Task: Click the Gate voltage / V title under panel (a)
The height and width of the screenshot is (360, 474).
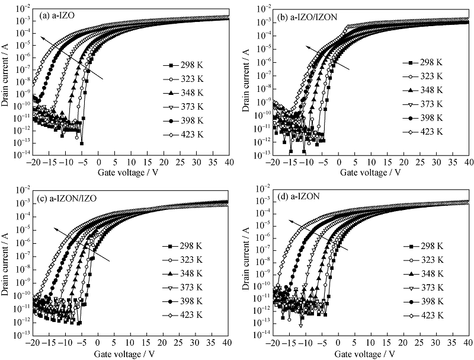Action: (126, 172)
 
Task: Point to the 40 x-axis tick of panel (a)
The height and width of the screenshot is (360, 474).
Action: (228, 163)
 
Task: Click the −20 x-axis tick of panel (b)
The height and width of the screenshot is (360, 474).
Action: (273, 163)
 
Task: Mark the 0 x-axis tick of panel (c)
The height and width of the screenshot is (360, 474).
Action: (98, 344)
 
